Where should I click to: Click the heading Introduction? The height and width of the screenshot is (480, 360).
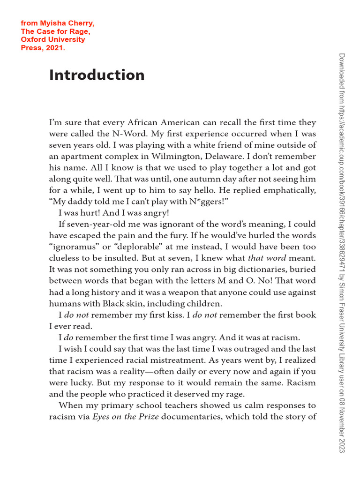[x=97, y=75]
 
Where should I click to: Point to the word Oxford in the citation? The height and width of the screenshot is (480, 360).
[x=33, y=39]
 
